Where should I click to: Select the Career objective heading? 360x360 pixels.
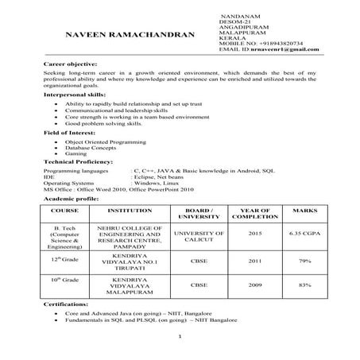tap(71, 64)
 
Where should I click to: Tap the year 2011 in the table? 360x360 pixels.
tap(255, 260)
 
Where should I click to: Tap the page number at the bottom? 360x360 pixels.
tap(181, 338)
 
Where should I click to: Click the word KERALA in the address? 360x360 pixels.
tap(232, 37)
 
